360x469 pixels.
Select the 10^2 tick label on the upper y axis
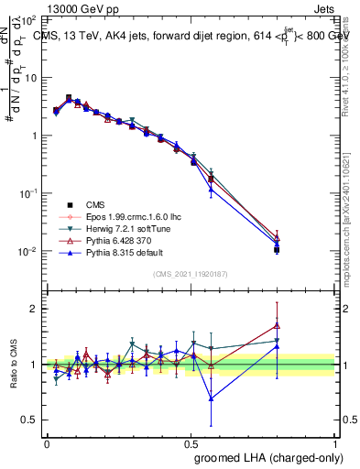coord(30,19)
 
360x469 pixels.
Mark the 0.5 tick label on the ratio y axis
coord(30,420)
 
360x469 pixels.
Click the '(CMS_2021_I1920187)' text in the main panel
coord(191,274)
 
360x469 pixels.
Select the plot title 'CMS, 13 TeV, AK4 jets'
coord(101,36)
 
